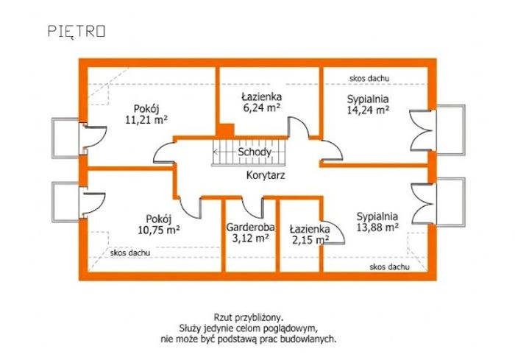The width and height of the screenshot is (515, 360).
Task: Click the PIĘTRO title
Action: coord(77,31)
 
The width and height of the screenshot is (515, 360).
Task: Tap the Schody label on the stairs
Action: coord(255,152)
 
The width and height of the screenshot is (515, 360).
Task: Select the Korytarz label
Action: coord(266,175)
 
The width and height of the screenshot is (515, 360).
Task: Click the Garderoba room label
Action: coord(250,227)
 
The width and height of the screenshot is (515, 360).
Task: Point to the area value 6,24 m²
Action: coord(262,107)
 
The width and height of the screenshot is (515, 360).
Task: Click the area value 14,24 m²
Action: coord(368,110)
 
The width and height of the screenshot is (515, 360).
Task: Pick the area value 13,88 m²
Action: coord(377,227)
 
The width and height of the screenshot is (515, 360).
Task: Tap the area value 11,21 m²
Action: coord(146,119)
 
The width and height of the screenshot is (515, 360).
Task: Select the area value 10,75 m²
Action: coord(159,230)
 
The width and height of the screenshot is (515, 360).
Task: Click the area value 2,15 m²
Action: coord(310,240)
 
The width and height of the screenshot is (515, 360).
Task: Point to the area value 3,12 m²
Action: coord(251,238)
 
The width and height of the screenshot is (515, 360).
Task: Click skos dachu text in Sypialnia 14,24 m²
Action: coord(369,78)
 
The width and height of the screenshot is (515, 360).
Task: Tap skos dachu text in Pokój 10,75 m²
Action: coord(130,253)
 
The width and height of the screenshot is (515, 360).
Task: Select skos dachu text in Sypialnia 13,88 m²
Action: coord(389,267)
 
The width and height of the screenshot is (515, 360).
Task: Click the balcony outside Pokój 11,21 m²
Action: coord(65,138)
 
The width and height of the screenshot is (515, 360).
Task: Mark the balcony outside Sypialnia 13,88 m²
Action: coord(450,202)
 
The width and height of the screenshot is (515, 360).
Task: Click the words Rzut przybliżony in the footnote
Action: coord(249,318)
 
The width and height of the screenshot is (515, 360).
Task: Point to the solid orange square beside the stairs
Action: coord(227,130)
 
